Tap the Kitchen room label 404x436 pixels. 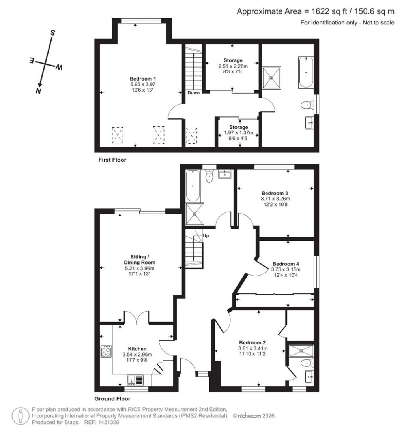coord(137,349)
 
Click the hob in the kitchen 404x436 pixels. coord(106,351)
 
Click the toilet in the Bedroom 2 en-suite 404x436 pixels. coord(305,363)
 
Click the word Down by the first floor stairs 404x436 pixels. coord(194,93)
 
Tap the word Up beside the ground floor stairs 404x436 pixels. coord(206,236)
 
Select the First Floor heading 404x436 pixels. coord(112,160)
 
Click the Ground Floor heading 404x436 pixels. coord(112,398)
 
